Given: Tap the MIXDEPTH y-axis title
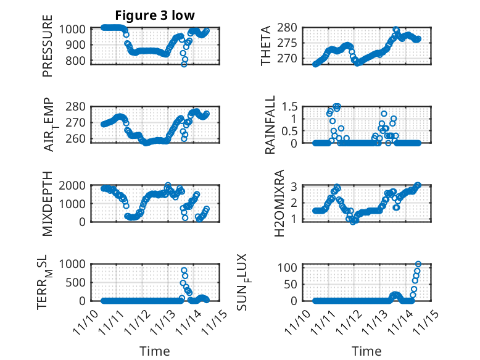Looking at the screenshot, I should (x=48, y=203).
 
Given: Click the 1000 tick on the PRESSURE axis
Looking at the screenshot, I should (x=76, y=28).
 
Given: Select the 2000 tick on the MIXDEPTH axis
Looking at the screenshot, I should (x=76, y=185).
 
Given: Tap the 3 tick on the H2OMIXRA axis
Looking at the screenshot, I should (x=295, y=186).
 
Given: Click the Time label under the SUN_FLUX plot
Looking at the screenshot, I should (x=366, y=351).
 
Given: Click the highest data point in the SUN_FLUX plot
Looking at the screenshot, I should (x=418, y=264).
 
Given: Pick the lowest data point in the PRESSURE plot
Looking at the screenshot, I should (x=184, y=64).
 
